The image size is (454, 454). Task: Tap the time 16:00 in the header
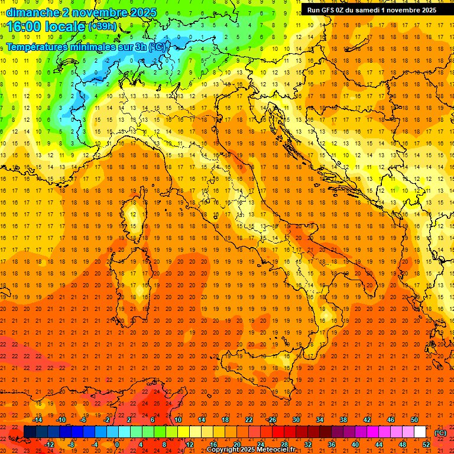[x=23, y=27]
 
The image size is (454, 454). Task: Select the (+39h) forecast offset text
[x=102, y=27]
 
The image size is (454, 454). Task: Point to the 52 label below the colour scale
[x=426, y=444]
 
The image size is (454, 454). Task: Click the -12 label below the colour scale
[x=50, y=444]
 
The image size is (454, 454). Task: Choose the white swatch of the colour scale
[x=419, y=432]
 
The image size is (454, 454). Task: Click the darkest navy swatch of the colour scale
[x=30, y=432]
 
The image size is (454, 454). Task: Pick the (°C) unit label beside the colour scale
[x=440, y=432]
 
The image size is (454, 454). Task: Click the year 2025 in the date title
[x=144, y=12]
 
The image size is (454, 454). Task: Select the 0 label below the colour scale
[x=117, y=444]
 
